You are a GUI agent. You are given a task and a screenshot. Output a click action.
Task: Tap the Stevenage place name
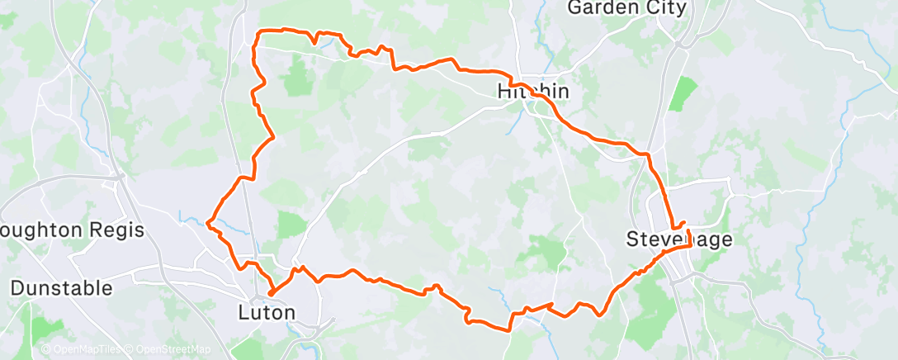[x=678, y=239]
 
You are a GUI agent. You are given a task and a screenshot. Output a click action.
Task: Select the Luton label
[x=267, y=313]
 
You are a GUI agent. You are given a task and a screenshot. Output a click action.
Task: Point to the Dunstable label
[x=61, y=288]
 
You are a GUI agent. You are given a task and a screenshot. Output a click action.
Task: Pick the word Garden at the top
[x=607, y=8]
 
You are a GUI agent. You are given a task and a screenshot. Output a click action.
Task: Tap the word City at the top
[x=666, y=8]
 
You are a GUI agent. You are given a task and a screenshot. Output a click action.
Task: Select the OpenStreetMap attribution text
[x=173, y=350]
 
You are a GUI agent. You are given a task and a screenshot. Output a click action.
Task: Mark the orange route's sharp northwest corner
[x=261, y=32]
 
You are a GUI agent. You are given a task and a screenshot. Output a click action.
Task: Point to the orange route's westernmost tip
[x=207, y=222]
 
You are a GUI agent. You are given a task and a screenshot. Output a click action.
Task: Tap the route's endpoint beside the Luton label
[x=271, y=291]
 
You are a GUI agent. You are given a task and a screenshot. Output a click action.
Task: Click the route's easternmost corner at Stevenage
[x=690, y=245]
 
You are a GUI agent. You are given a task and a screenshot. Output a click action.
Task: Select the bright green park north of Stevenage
[x=682, y=93]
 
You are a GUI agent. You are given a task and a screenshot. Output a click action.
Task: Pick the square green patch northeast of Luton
[x=291, y=224]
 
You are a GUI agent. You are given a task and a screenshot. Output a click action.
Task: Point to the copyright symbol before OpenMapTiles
[x=46, y=350]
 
